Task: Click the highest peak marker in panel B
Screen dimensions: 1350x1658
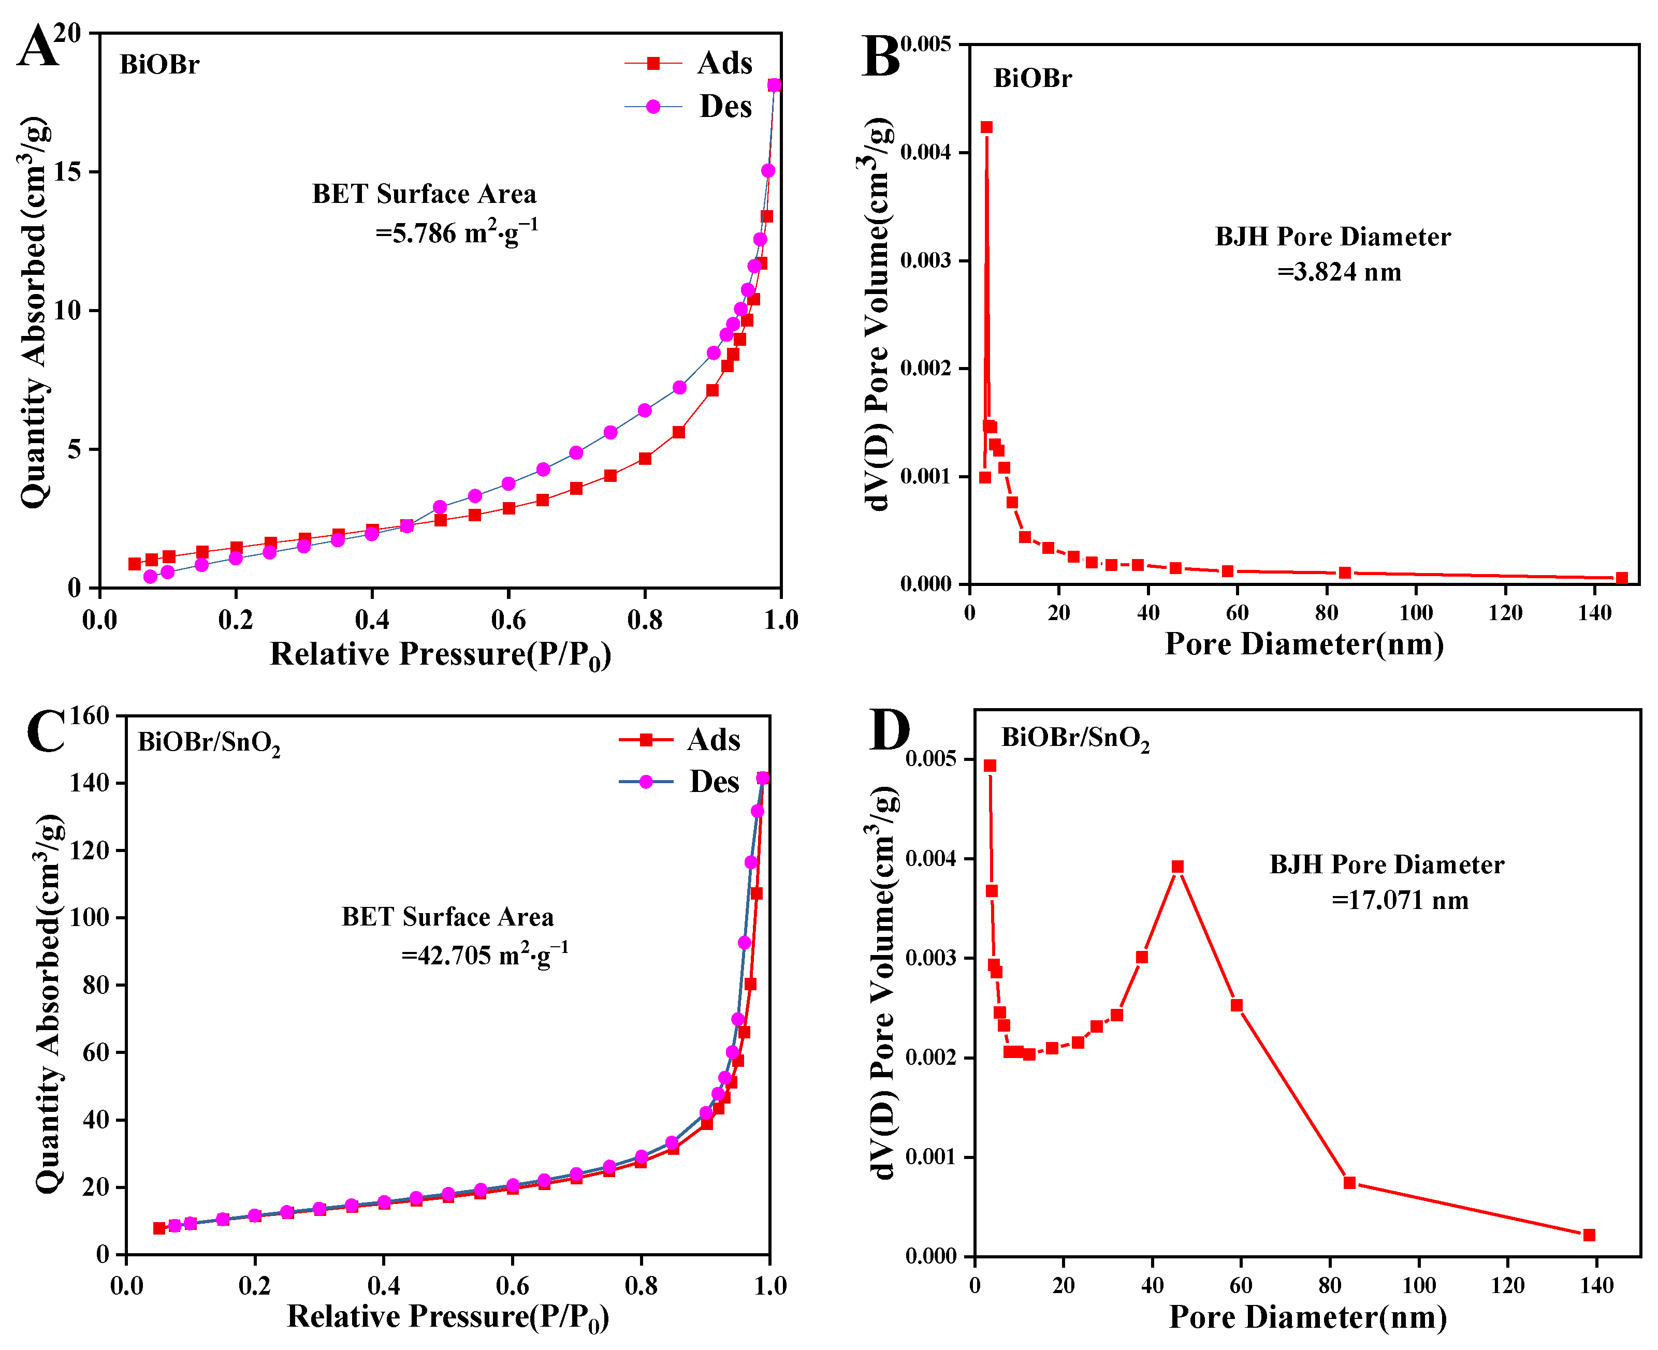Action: [x=986, y=127]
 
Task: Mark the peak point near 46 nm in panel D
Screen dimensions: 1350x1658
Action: [x=1177, y=867]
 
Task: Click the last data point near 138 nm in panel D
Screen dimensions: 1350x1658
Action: [x=1589, y=1235]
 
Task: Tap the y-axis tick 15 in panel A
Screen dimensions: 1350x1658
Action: [x=68, y=172]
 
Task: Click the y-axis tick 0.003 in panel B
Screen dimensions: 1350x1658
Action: [x=925, y=260]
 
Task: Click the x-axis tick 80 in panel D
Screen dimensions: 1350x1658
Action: [x=1330, y=1286]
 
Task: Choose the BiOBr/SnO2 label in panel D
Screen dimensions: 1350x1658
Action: [x=1075, y=739]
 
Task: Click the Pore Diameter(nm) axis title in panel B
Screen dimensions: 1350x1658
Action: [x=1304, y=644]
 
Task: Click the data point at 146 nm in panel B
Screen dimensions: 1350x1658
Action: [x=1621, y=578]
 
